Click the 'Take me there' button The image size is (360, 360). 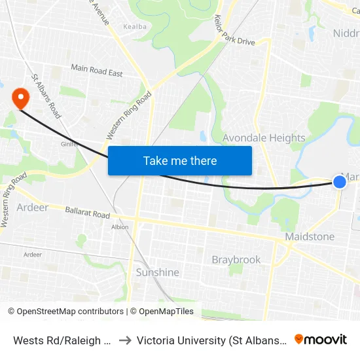pos(180,160)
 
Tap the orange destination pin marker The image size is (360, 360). pos(21,98)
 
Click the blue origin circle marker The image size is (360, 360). pos(340,181)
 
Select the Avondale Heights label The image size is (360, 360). pos(264,138)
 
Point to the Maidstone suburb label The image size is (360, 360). pos(310,236)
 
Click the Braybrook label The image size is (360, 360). pos(236,260)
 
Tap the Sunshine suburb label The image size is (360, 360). pos(157,272)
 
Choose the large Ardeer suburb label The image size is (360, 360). pos(33,207)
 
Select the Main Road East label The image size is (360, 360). pos(97,71)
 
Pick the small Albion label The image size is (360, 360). pos(120,227)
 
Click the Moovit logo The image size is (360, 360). pos(321,339)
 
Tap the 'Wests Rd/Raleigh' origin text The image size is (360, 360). pos(63,340)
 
